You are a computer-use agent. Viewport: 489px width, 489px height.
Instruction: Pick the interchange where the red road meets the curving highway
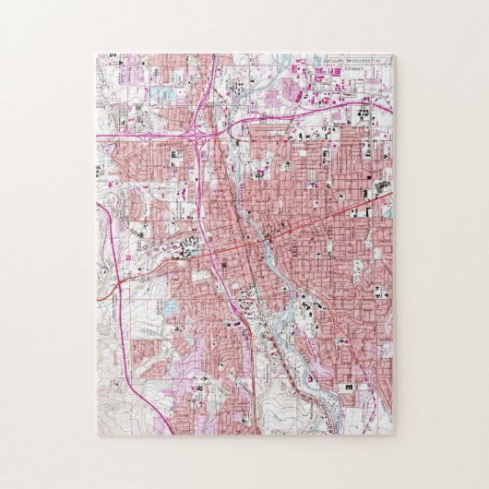pos(118,287)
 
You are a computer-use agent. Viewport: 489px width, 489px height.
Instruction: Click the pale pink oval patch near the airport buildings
pos(291,89)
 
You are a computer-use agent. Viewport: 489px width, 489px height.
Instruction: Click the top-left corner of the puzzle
pos(97,54)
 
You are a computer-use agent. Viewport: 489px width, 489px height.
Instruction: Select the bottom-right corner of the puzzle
pos(393,435)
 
